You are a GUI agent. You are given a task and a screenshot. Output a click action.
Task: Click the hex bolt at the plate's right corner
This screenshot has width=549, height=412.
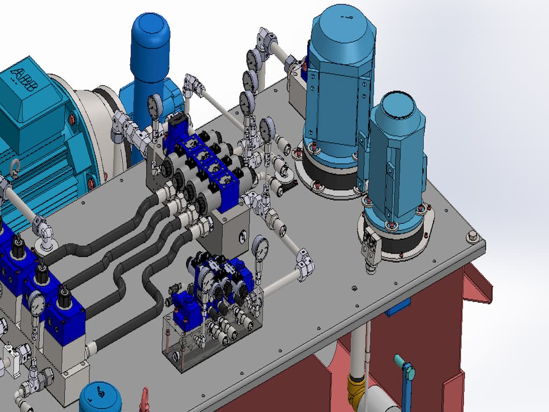[472, 237]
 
